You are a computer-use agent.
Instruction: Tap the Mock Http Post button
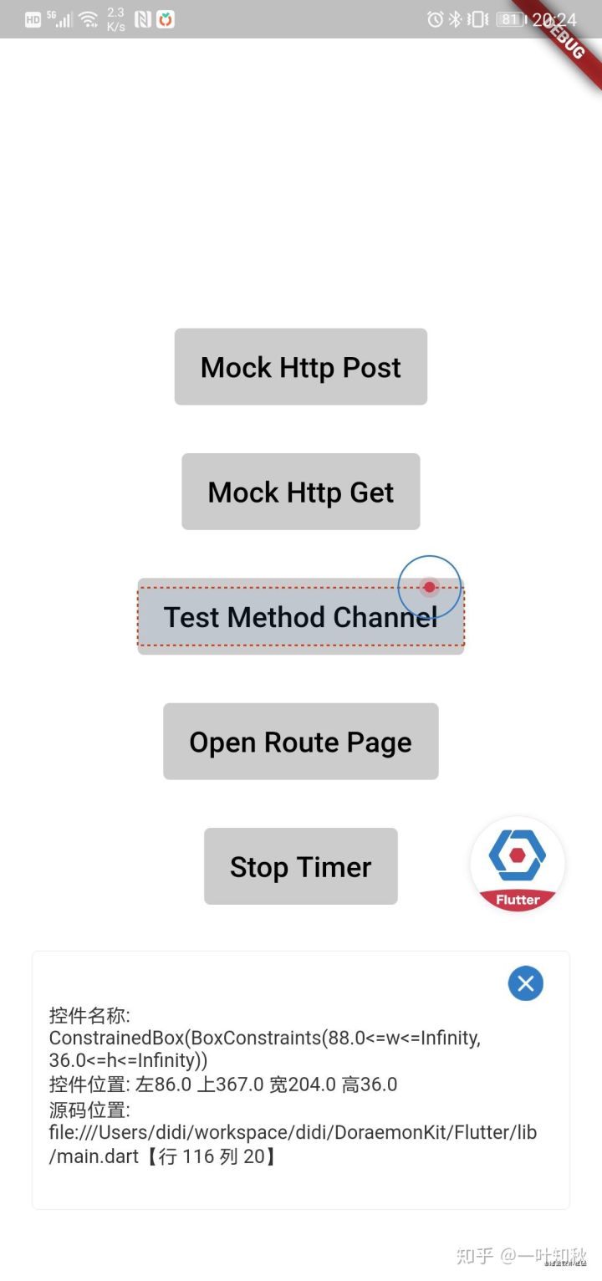301,366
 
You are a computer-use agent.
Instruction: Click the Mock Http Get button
301,491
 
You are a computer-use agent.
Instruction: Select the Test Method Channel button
301,616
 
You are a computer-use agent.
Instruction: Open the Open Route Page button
301,741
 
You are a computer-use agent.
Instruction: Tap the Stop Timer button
301,865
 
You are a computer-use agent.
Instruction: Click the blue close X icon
525,983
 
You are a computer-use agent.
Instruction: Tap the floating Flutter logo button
518,864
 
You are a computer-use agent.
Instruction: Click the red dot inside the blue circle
430,587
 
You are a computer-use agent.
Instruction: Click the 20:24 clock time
554,20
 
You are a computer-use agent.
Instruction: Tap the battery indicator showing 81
511,19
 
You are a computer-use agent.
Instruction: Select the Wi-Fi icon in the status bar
89,20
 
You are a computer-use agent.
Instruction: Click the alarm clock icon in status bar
435,19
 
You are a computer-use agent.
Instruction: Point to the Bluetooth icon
455,19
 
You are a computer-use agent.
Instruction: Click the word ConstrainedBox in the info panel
116,1038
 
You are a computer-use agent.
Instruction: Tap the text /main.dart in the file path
94,1156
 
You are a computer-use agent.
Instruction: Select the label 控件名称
89,1015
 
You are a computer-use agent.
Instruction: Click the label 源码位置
89,1110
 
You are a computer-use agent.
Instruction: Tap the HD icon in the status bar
33,20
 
